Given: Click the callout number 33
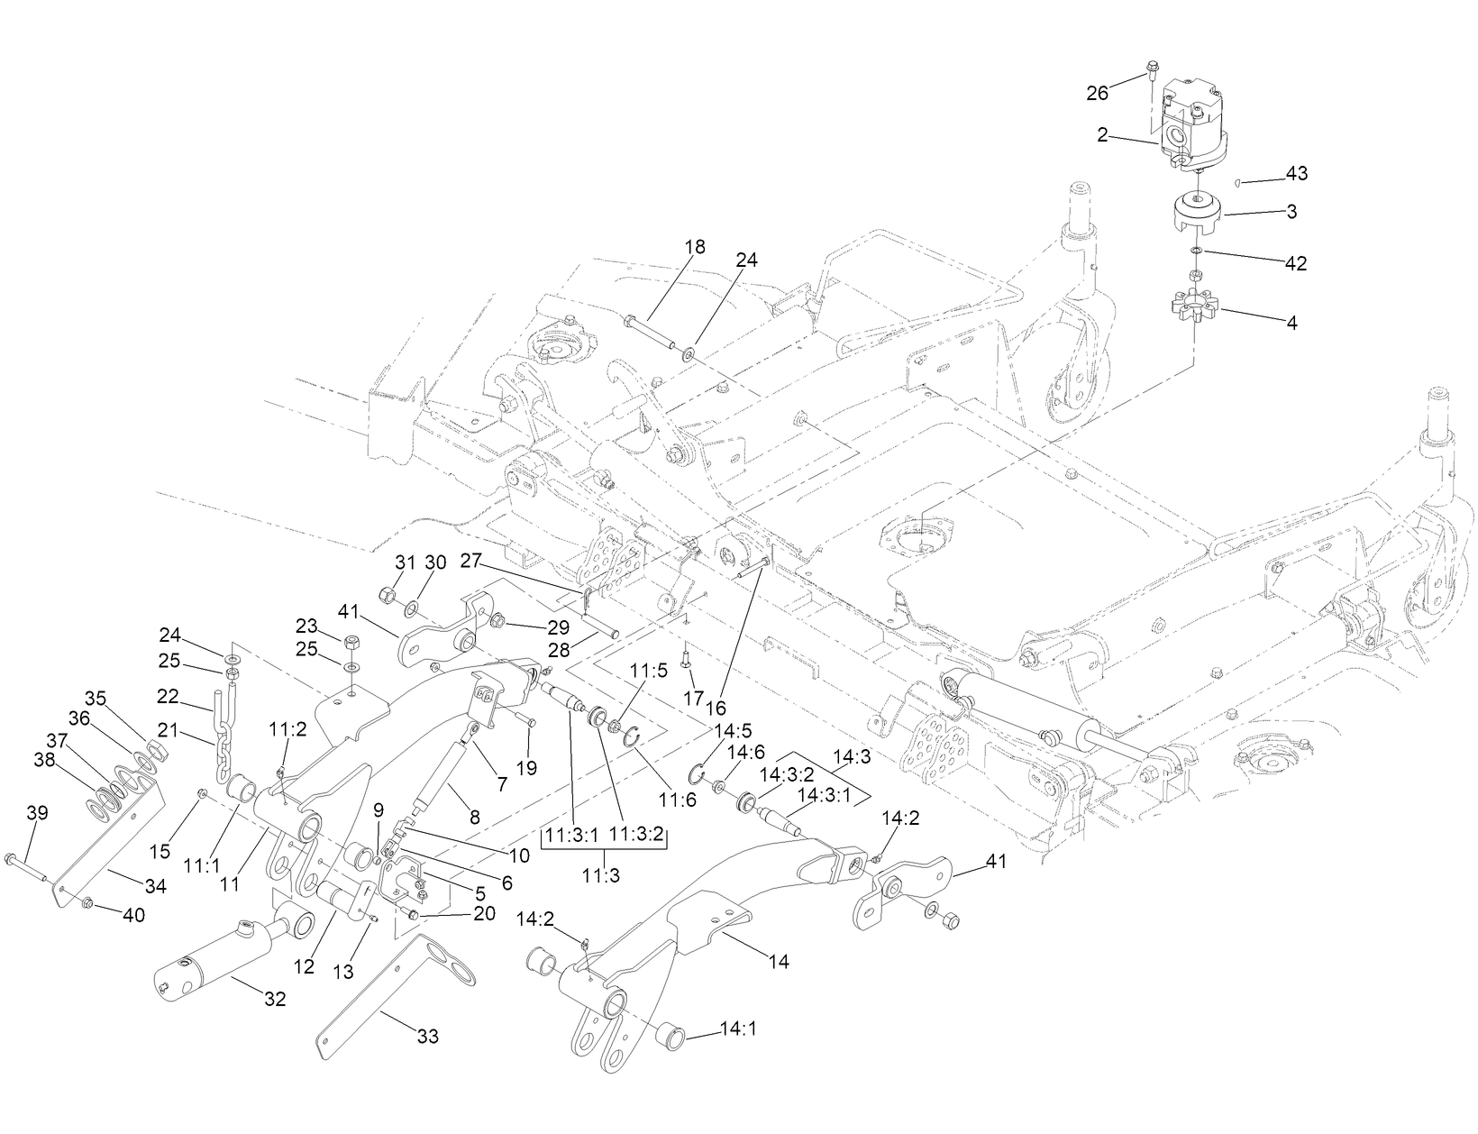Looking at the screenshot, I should (x=428, y=1037).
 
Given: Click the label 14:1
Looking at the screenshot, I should (x=738, y=1029).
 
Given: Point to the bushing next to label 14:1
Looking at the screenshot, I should (x=671, y=1033).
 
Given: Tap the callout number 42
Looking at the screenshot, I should (x=1295, y=263).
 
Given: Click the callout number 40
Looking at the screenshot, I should (x=133, y=915).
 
